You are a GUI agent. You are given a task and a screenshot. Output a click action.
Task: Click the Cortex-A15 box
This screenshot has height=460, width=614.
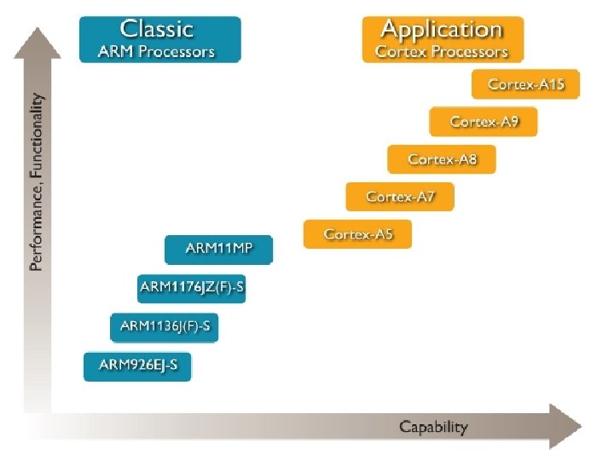click(x=525, y=84)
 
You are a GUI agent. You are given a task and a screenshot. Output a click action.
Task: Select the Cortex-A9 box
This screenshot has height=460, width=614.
click(x=484, y=122)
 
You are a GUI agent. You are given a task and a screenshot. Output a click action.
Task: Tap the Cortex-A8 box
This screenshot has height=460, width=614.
click(x=442, y=159)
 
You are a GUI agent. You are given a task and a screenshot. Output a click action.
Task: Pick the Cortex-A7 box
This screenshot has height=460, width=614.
click(x=400, y=197)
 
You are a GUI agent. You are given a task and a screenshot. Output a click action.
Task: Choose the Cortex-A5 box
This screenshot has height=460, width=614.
click(x=357, y=233)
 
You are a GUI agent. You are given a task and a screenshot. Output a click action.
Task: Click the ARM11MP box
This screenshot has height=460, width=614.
click(x=219, y=250)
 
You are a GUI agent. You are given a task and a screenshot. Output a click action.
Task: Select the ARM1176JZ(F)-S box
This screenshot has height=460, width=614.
click(x=192, y=288)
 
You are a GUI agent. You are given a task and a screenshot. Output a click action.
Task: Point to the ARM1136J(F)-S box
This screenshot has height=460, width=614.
click(x=165, y=325)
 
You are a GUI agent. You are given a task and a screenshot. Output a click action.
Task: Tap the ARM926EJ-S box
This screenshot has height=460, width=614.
click(x=138, y=365)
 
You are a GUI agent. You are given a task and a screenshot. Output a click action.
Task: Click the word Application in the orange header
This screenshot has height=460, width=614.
click(x=441, y=29)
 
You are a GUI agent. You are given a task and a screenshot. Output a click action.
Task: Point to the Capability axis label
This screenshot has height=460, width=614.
click(x=433, y=427)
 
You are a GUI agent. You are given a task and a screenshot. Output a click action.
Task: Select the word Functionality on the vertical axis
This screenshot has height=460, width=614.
click(x=36, y=139)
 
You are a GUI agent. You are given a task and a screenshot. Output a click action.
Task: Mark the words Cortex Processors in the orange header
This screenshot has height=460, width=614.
click(x=441, y=51)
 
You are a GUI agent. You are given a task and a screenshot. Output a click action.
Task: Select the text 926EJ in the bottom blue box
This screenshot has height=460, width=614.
click(x=147, y=365)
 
